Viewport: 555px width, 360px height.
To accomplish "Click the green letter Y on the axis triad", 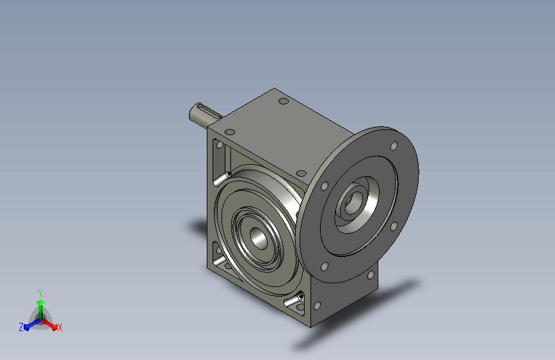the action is [40, 293].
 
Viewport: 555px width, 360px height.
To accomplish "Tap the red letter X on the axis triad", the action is [60, 328].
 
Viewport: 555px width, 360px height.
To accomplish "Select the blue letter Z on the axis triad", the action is [21, 327].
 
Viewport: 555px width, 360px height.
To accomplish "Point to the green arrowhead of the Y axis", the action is [41, 302].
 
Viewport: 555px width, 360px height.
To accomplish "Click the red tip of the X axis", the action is [54, 327].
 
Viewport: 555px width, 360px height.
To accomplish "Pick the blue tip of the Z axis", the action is [27, 327].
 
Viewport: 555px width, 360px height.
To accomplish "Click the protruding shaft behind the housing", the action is [204, 115].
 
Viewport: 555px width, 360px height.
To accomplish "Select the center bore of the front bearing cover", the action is [259, 238].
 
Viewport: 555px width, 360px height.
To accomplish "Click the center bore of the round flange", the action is [351, 200].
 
